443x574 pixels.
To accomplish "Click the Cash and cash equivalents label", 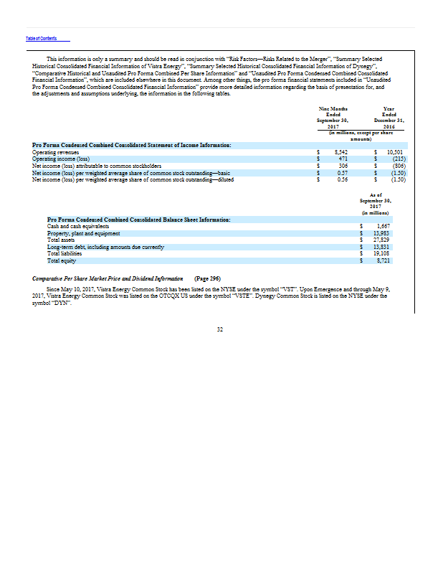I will click(x=72, y=226).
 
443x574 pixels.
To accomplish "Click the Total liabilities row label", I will click(x=65, y=253).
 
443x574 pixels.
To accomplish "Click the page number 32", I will click(x=221, y=329).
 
